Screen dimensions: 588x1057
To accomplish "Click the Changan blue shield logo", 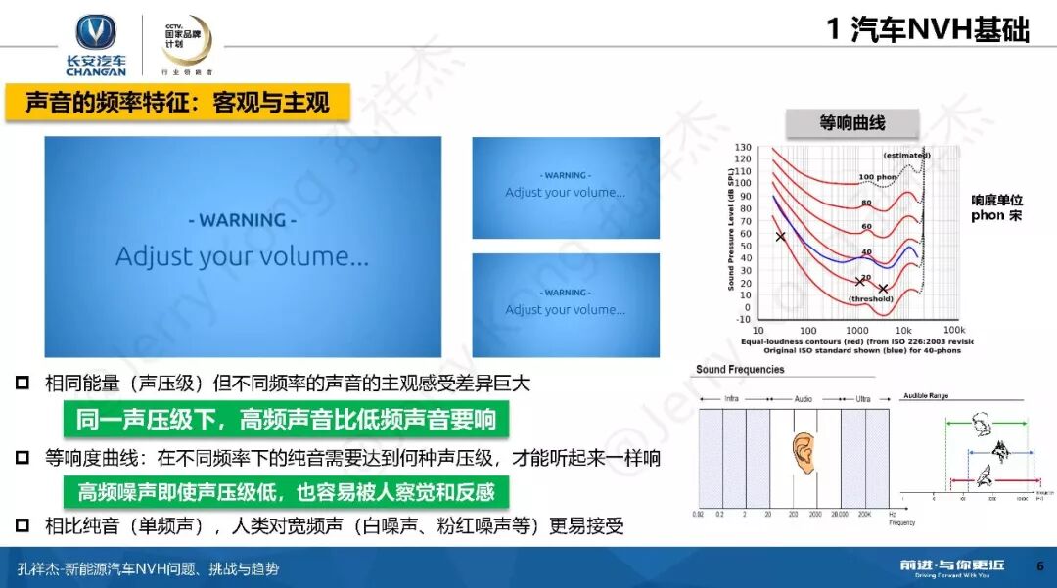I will (96, 33).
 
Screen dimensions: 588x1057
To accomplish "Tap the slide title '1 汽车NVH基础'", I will (928, 30).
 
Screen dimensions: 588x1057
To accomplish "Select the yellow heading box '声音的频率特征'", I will (177, 103).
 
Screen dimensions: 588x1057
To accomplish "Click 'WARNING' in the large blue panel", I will (243, 220).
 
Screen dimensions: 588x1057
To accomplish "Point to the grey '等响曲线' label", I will (851, 122).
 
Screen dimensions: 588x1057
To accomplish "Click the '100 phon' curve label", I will (879, 177).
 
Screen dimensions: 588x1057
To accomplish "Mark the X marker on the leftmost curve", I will (780, 237).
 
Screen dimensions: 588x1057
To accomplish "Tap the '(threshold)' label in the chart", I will (870, 299).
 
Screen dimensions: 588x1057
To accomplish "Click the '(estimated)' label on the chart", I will (906, 156).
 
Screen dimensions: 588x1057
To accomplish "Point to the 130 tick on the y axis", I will (743, 147).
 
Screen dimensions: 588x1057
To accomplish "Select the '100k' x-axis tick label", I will (954, 331).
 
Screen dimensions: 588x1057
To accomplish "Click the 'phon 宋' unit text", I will (995, 215).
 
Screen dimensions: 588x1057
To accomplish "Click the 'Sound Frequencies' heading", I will (740, 370).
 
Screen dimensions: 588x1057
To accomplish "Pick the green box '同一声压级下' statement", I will (286, 421).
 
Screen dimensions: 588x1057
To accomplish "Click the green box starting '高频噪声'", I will (286, 491).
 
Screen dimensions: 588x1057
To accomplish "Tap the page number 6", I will (1039, 566).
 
